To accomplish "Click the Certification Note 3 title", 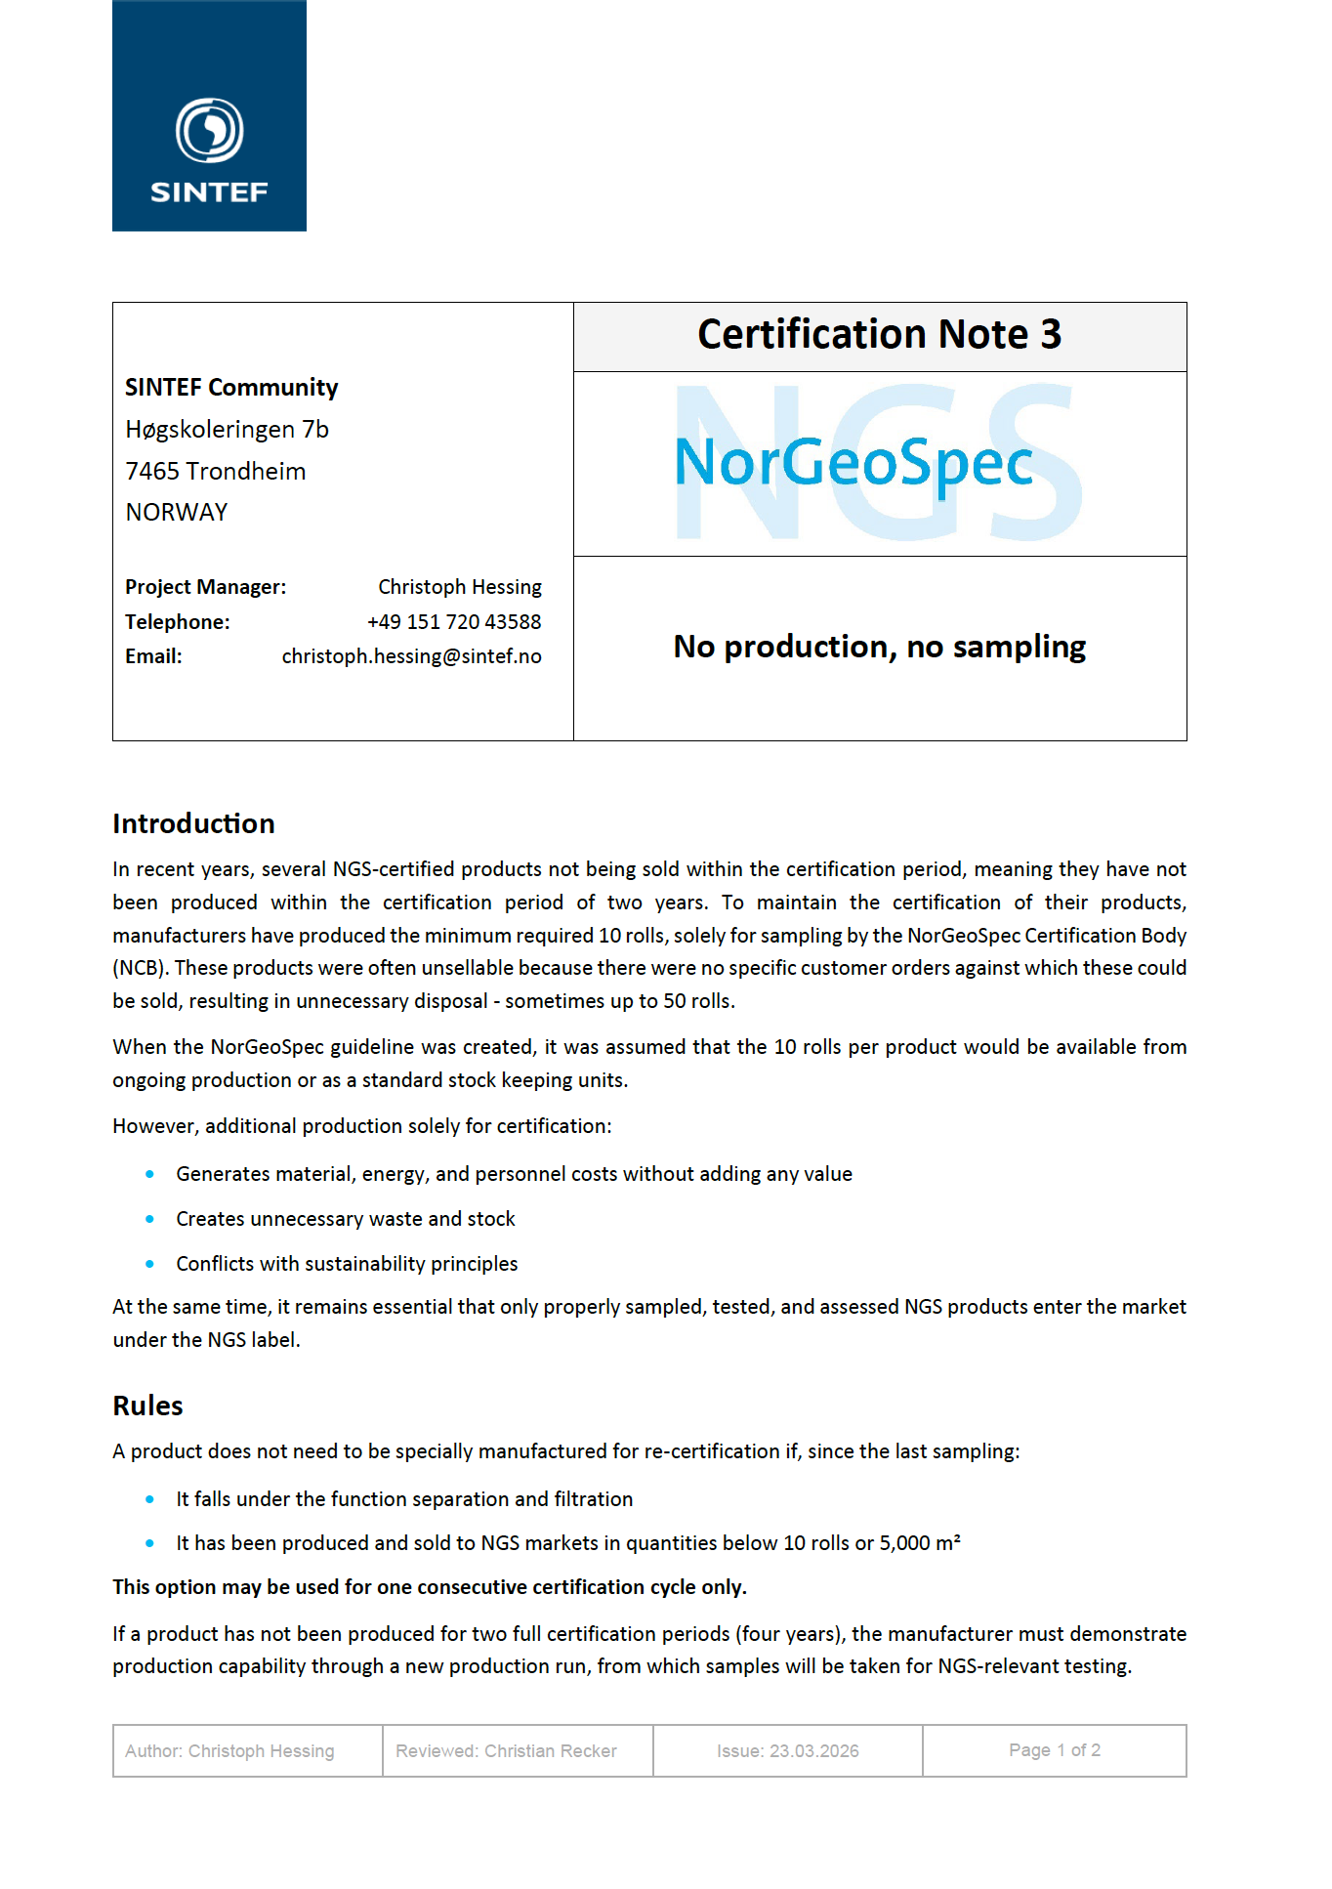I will pyautogui.click(x=879, y=335).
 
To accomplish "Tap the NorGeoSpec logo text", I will pyautogui.click(x=853, y=462).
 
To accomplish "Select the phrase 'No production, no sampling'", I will pyautogui.click(x=879, y=647).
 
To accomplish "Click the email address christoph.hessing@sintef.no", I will pyautogui.click(x=411, y=656).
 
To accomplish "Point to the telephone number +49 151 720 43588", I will pyautogui.click(x=454, y=622).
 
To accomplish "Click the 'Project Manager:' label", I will pyautogui.click(x=205, y=587).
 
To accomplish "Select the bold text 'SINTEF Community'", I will pyautogui.click(x=231, y=388).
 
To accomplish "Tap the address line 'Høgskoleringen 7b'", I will pyautogui.click(x=227, y=430).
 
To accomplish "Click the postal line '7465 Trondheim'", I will pyautogui.click(x=215, y=472).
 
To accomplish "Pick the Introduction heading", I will pyautogui.click(x=193, y=824).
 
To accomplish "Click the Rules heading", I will pyautogui.click(x=147, y=1406).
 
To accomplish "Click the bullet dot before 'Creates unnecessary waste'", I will pyautogui.click(x=149, y=1219).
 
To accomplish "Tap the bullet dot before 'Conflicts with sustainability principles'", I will pyautogui.click(x=149, y=1264).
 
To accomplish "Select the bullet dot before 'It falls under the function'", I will pyautogui.click(x=149, y=1499).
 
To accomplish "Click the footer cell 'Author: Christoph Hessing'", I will pyautogui.click(x=229, y=1751).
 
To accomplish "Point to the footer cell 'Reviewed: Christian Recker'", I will pyautogui.click(x=506, y=1751).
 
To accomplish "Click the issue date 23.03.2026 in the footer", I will pyautogui.click(x=813, y=1751).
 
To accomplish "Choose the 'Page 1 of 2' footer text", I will pyautogui.click(x=1054, y=1750).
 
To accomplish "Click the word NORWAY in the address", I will pyautogui.click(x=177, y=513).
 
